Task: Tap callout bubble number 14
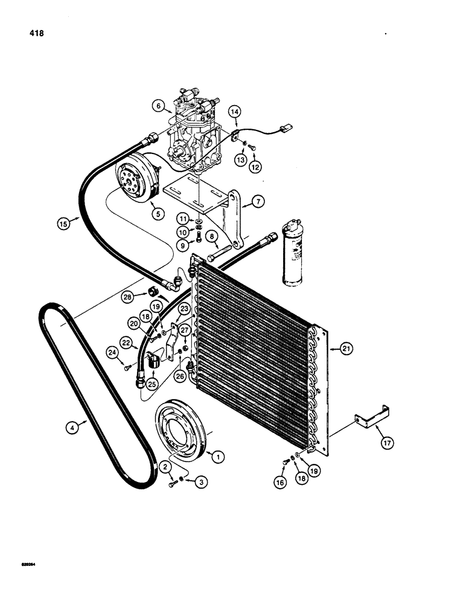[234, 111]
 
